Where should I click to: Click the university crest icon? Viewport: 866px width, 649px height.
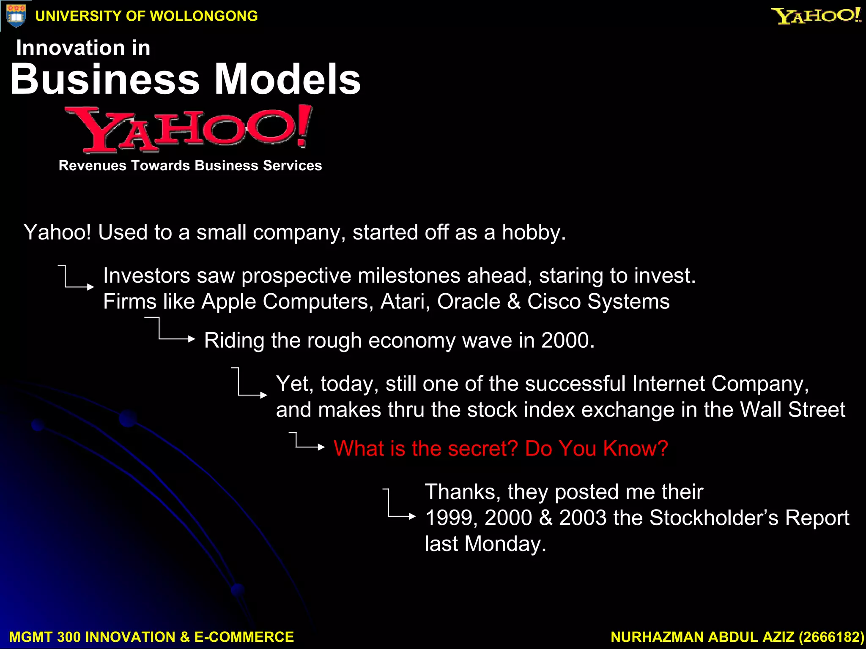16,16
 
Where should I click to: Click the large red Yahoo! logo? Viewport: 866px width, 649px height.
189,129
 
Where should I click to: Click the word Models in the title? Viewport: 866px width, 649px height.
288,79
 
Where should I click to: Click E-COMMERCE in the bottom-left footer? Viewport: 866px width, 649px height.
244,637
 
